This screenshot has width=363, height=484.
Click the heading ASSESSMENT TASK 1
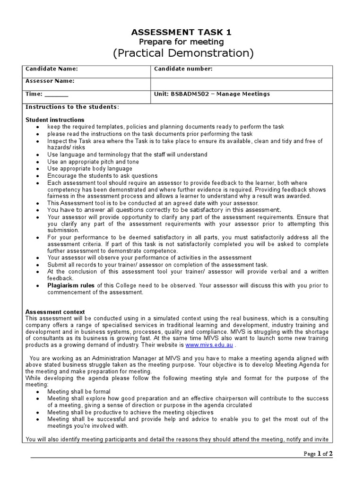click(182, 32)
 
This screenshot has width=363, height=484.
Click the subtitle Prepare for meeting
click(182, 42)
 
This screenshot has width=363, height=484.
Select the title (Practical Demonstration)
click(183, 53)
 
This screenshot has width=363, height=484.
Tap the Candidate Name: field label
click(51, 69)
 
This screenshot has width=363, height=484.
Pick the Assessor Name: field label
click(50, 81)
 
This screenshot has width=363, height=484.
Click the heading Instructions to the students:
click(72, 107)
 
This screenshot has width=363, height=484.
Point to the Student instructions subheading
click(55, 120)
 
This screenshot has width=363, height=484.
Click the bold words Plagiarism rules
click(71, 285)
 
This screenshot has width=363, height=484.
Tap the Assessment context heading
click(55, 312)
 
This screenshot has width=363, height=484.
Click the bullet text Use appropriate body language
click(90, 169)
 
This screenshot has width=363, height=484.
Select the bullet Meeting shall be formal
click(79, 392)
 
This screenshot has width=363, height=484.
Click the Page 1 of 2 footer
click(319, 454)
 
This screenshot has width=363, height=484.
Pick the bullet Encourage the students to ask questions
click(103, 175)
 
